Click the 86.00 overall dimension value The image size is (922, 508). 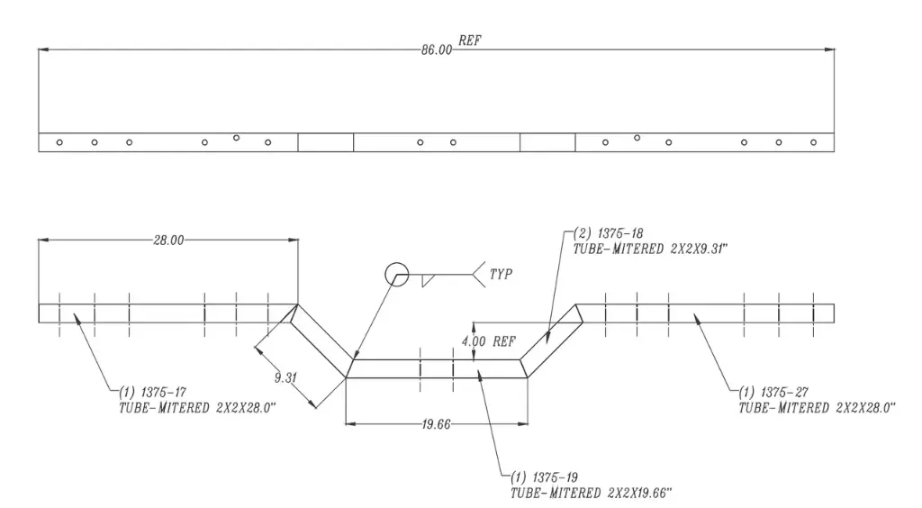point(436,50)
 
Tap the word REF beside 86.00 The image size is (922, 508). point(470,41)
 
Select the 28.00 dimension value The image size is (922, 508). point(168,240)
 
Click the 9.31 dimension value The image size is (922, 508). point(285,377)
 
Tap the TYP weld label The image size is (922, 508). point(502,274)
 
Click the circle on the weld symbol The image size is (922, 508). point(395,274)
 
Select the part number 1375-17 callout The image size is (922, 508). point(149,392)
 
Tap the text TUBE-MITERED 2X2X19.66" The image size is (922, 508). point(591,492)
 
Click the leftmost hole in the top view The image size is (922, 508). point(59,142)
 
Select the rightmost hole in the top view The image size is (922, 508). point(814,142)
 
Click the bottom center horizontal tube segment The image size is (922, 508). point(436,368)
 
